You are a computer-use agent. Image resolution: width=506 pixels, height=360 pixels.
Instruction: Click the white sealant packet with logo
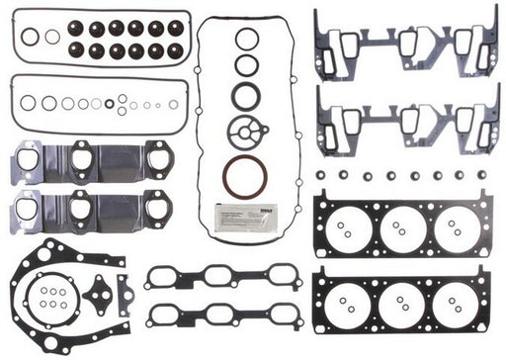point(247,216)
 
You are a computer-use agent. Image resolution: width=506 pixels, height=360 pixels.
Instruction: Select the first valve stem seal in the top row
point(97,29)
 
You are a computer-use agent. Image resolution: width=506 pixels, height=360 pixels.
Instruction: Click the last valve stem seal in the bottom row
point(175,49)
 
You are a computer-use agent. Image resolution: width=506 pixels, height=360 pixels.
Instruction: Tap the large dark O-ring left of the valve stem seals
point(31,37)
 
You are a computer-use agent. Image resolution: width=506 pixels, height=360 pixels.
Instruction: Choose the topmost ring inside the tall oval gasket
point(247,39)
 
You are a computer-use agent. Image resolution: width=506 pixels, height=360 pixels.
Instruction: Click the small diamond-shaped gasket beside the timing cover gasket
point(97,294)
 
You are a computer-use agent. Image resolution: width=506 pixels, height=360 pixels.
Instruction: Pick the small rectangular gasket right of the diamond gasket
point(124,292)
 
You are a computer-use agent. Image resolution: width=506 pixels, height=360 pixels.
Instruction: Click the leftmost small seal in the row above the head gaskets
point(322,175)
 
